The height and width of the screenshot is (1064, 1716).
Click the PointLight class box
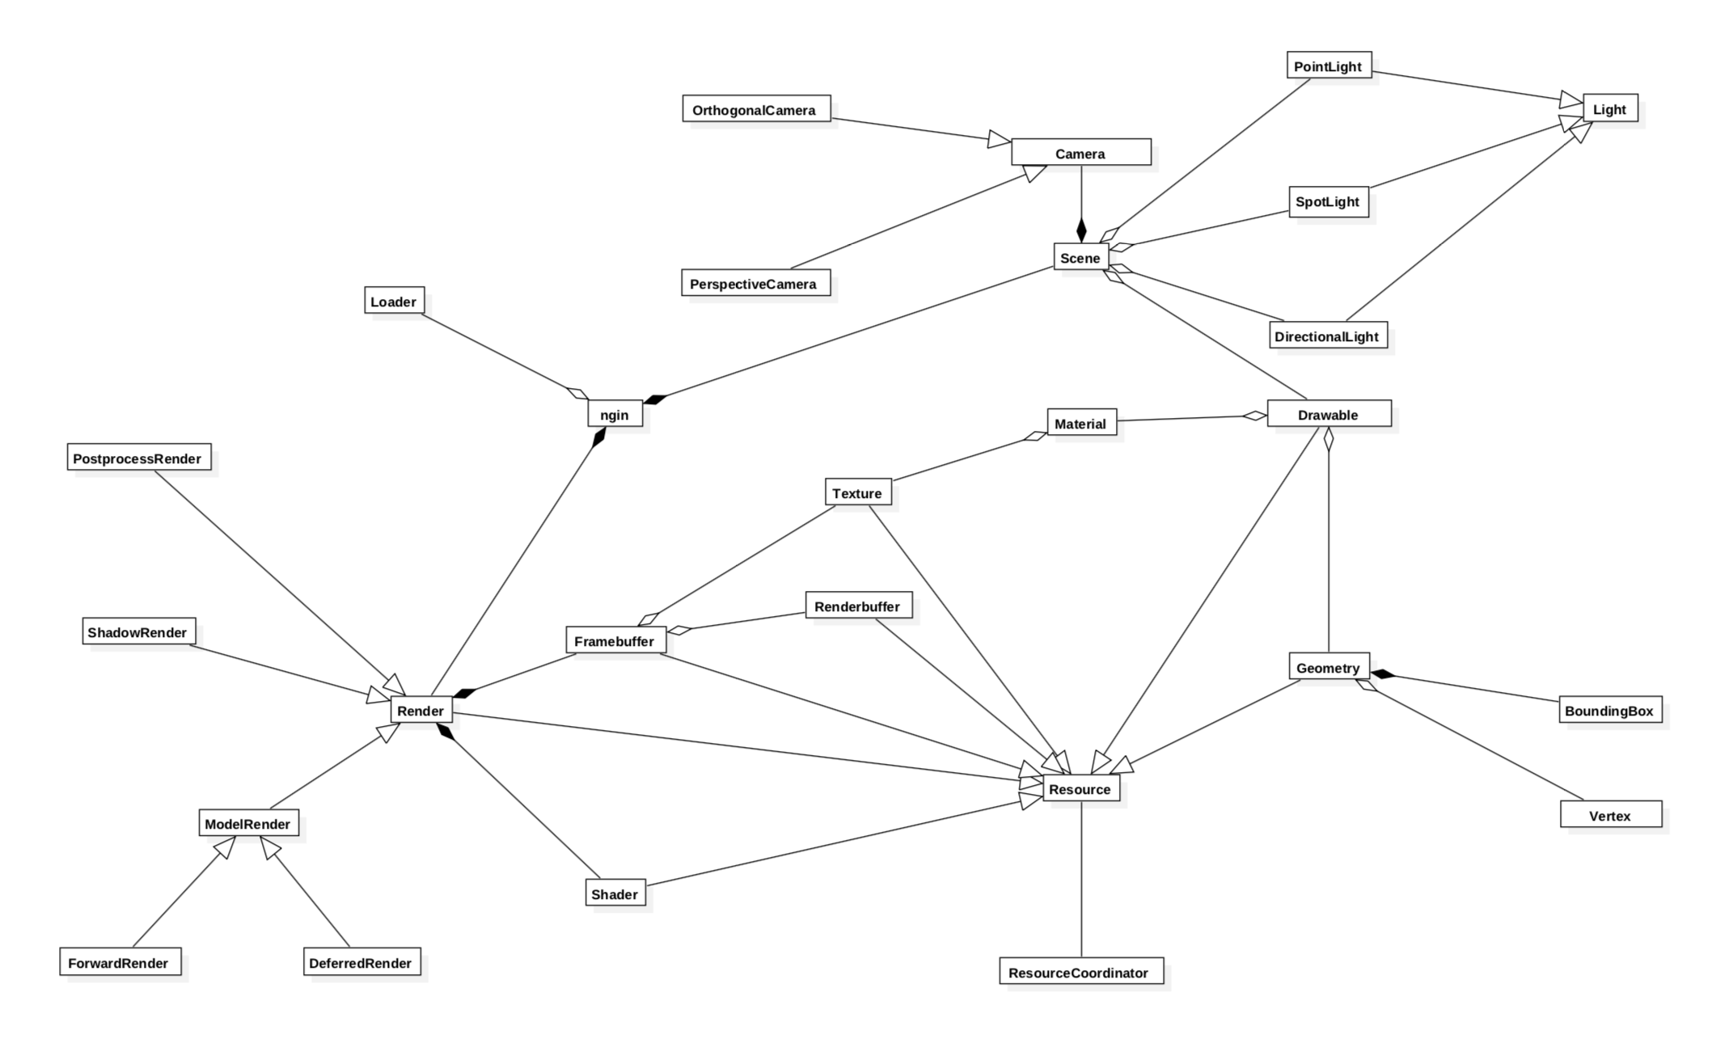[x=1329, y=65]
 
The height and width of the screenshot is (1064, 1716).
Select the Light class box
[x=1609, y=108]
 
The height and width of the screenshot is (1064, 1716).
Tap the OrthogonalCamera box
[x=756, y=109]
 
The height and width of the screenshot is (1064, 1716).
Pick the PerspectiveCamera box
[x=755, y=283]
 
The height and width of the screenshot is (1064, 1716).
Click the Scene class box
[x=1080, y=257]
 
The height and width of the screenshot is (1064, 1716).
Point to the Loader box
[x=394, y=301]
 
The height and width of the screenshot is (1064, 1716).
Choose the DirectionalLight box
[x=1328, y=336]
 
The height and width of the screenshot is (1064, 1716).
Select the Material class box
[x=1080, y=423]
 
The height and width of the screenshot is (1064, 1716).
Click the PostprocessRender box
[x=139, y=458]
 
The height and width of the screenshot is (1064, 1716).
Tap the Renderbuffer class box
[x=858, y=606]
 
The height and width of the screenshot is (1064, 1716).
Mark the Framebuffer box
[x=615, y=640]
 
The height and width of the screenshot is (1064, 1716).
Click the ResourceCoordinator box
[x=1080, y=972]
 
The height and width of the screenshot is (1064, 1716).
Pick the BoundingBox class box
[x=1610, y=710]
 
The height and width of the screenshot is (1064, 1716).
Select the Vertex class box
[x=1610, y=815]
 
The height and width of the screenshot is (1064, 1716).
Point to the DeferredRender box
[x=361, y=962]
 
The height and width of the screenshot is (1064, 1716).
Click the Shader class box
[x=615, y=893]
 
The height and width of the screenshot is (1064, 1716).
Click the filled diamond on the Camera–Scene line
[x=1081, y=230]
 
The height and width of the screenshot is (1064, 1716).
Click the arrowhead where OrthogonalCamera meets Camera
[x=1000, y=140]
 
